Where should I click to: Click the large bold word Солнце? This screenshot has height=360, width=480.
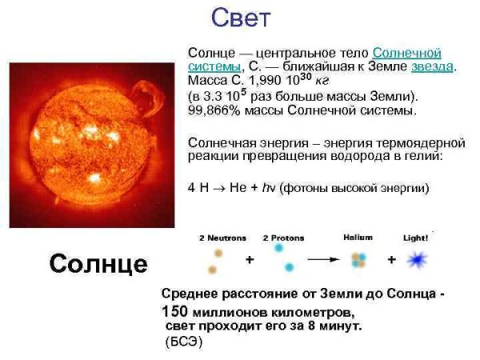pyautogui.click(x=98, y=263)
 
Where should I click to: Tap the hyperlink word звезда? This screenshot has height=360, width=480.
pyautogui.click(x=432, y=66)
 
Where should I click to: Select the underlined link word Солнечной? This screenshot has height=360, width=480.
pyautogui.click(x=406, y=52)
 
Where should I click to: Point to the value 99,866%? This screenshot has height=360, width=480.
pyautogui.click(x=209, y=109)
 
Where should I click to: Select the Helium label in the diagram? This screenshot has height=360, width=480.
pyautogui.click(x=358, y=238)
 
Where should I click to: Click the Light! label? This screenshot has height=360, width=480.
pyautogui.click(x=416, y=238)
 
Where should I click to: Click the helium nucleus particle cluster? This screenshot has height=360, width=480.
pyautogui.click(x=358, y=260)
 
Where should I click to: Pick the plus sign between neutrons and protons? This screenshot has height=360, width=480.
pyautogui.click(x=250, y=260)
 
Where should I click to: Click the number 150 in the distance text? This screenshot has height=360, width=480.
pyautogui.click(x=175, y=311)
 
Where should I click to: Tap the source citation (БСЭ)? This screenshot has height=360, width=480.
pyautogui.click(x=184, y=342)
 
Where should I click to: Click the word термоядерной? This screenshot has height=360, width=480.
pyautogui.click(x=423, y=142)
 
